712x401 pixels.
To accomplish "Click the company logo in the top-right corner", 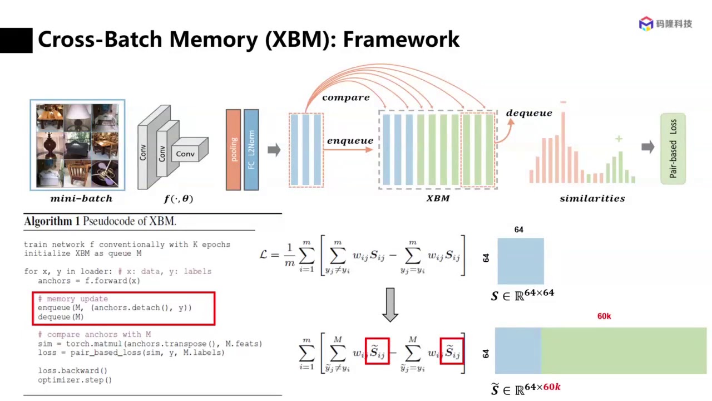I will coord(665,24).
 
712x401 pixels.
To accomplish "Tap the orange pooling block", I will coord(233,149).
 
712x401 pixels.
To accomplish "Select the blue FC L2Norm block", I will coord(251,149).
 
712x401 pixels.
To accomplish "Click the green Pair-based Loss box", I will coord(673,149).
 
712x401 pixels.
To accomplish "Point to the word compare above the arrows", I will coord(345,97).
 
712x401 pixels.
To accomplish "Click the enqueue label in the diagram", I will coord(350,141).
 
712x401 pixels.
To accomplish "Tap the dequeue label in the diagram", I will coord(529,113).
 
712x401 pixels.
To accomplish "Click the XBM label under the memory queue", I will coord(438,198).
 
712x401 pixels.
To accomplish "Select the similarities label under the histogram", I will coord(592,198).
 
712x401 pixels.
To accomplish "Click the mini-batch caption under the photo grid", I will coord(81,198).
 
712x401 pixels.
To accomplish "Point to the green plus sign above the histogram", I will coord(619,139).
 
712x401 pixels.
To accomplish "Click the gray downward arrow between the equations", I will coord(390,305).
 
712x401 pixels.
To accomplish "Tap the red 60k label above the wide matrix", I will coord(604,316).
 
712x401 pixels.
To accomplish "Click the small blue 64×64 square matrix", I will coord(520,261).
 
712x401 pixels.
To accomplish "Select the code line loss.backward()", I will coord(72,370).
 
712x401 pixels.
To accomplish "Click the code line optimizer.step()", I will coord(75,380).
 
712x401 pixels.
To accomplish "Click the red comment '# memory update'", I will coord(73,299).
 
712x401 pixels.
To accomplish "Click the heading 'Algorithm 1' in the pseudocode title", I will coord(52,221).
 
